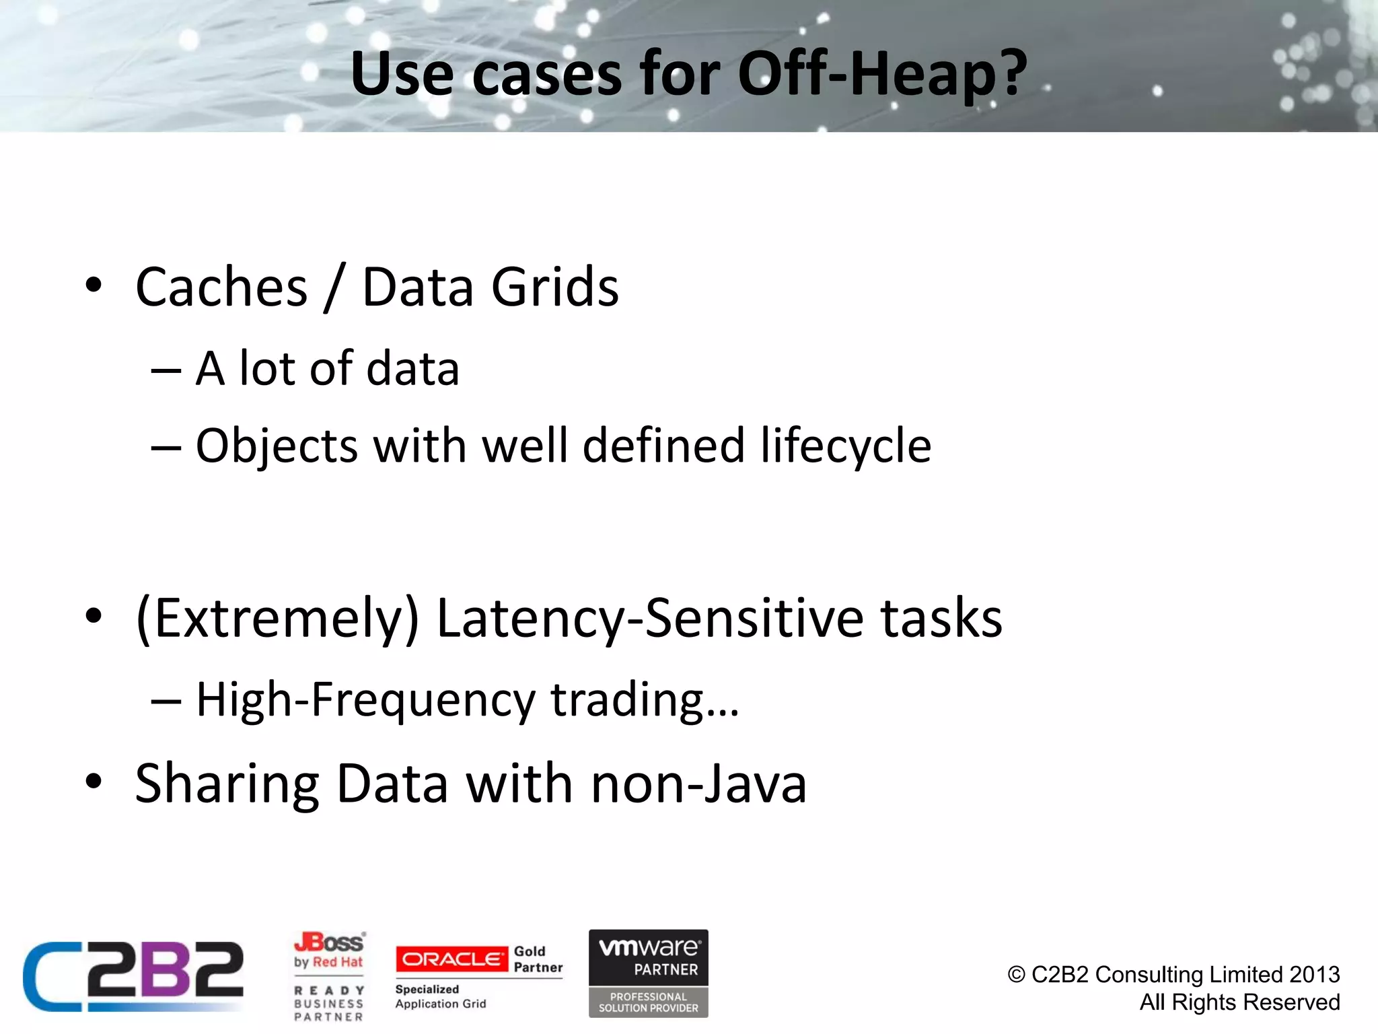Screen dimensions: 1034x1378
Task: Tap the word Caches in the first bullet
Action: (221, 287)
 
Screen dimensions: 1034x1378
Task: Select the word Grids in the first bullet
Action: (554, 287)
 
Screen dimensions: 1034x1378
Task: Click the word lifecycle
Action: (846, 446)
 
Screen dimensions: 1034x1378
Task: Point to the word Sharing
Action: (227, 784)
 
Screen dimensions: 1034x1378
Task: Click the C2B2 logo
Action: (133, 975)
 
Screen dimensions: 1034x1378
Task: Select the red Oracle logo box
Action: (451, 959)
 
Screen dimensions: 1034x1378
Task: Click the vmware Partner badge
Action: (649, 973)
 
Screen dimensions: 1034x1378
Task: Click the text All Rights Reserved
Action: (1239, 1002)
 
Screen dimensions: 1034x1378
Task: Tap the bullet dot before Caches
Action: (94, 285)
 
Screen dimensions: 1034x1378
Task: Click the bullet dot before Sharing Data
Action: (94, 782)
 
